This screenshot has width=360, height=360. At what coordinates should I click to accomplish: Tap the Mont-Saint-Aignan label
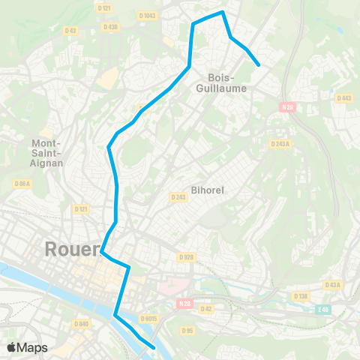[47, 152]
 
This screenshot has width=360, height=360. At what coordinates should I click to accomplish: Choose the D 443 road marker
[344, 98]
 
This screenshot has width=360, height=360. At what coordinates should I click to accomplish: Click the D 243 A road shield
[280, 144]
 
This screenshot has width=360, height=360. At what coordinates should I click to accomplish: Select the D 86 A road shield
[22, 183]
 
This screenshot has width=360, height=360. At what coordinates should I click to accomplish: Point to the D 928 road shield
[186, 256]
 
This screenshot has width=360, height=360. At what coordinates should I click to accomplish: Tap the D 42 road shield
[207, 308]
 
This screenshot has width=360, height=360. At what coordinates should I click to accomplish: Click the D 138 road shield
[302, 297]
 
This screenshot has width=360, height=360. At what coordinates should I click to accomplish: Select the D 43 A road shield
[333, 284]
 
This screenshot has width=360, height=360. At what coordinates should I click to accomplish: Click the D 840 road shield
[82, 324]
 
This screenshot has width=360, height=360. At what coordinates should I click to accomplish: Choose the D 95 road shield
[187, 329]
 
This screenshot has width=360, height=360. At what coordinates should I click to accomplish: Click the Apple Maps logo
[27, 347]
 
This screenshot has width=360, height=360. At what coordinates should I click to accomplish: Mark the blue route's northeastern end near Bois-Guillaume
[259, 65]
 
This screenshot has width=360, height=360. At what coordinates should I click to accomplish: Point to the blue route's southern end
[153, 346]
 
